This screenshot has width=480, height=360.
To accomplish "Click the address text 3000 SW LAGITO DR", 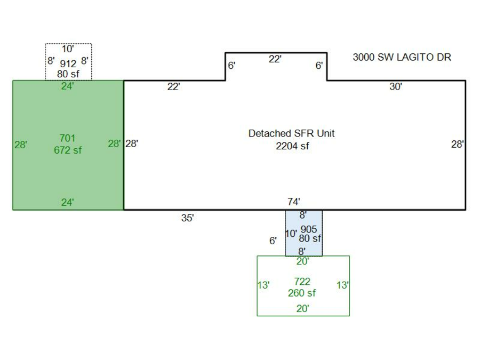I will [402, 57].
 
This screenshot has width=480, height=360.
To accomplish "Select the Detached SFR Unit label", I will [291, 133].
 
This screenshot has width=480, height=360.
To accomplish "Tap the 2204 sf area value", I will [292, 146].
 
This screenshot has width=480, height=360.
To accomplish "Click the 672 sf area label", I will [68, 150].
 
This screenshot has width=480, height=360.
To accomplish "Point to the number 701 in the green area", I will [68, 139].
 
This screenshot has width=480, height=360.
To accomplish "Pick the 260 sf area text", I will [302, 293].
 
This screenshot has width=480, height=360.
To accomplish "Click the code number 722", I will [302, 281].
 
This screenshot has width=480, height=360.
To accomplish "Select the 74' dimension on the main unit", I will [294, 202].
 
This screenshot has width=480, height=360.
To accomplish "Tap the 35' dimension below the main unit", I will [187, 218].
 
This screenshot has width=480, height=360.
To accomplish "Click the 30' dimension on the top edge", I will [395, 87].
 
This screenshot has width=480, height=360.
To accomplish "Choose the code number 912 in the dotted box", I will [68, 64].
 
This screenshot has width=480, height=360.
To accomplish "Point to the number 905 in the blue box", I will [309, 229].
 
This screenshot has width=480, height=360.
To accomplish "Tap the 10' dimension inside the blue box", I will [291, 234].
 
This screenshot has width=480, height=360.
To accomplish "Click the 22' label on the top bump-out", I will [275, 59].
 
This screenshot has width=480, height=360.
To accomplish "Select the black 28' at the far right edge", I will [458, 144].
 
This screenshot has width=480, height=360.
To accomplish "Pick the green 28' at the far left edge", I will [21, 144].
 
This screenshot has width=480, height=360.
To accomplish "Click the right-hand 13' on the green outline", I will [342, 285].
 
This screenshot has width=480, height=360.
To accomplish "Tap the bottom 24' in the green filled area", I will [67, 202].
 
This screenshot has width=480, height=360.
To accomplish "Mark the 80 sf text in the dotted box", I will [68, 74].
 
